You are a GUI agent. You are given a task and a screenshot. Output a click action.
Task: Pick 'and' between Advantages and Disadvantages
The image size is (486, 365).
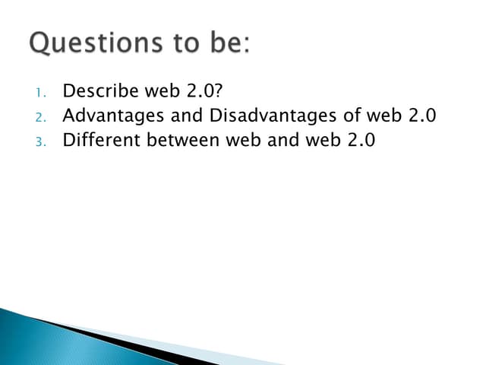(181, 116)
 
